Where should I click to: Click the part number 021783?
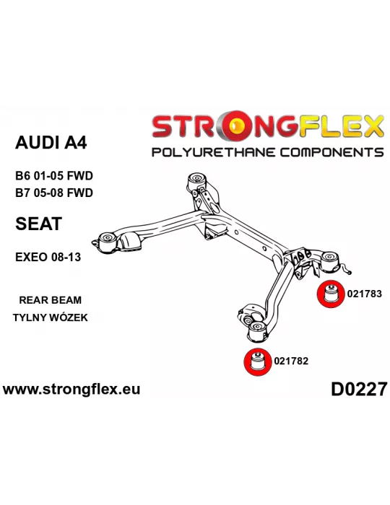coord(364,294)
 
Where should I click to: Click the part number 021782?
coord(291,361)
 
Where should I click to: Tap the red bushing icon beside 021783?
coord(329,294)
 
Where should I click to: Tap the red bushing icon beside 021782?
coord(257,362)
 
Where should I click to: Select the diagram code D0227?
coord(359,389)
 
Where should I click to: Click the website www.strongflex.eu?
coord(71,389)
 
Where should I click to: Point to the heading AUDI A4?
coord(51,142)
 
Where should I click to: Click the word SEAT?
coord(38,224)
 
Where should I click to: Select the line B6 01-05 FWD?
coord(54,176)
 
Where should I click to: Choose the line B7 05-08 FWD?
coord(54,193)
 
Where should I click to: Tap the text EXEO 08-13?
coord(48,258)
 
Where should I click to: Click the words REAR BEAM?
coord(51,300)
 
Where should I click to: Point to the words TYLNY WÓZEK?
coord(51,317)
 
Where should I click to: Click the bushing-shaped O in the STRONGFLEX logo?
coord(237,126)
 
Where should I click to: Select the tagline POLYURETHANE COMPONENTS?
coord(267,152)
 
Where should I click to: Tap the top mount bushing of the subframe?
coord(197,180)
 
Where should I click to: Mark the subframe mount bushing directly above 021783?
coord(330,261)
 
